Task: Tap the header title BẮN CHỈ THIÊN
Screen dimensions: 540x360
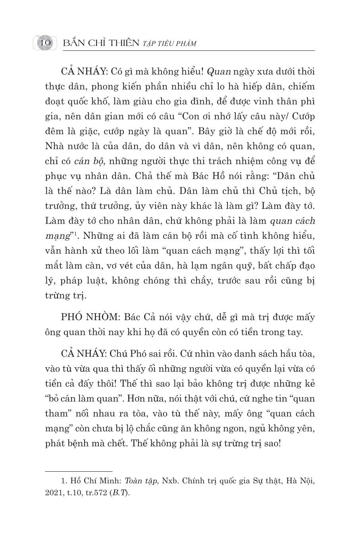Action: coord(101,43)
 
